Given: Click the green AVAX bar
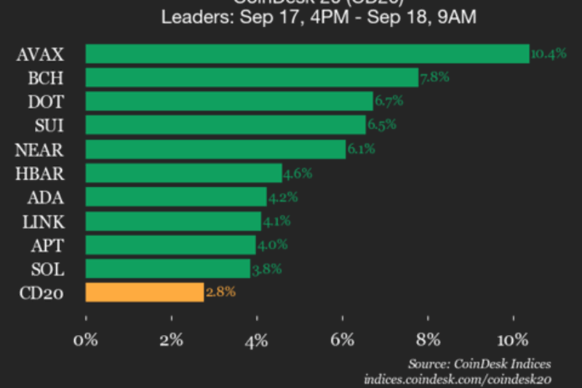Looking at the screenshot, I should click(x=307, y=54).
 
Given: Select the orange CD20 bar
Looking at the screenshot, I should click(x=145, y=293).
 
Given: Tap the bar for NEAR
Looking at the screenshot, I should click(x=215, y=149).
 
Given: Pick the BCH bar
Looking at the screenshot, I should click(x=252, y=78).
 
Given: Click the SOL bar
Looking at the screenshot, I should click(x=168, y=269).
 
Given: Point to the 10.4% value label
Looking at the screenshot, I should click(x=549, y=54).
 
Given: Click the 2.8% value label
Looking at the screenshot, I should click(x=220, y=293).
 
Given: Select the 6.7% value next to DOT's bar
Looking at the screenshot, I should click(x=388, y=101).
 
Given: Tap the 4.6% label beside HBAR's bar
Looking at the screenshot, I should click(x=297, y=173).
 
